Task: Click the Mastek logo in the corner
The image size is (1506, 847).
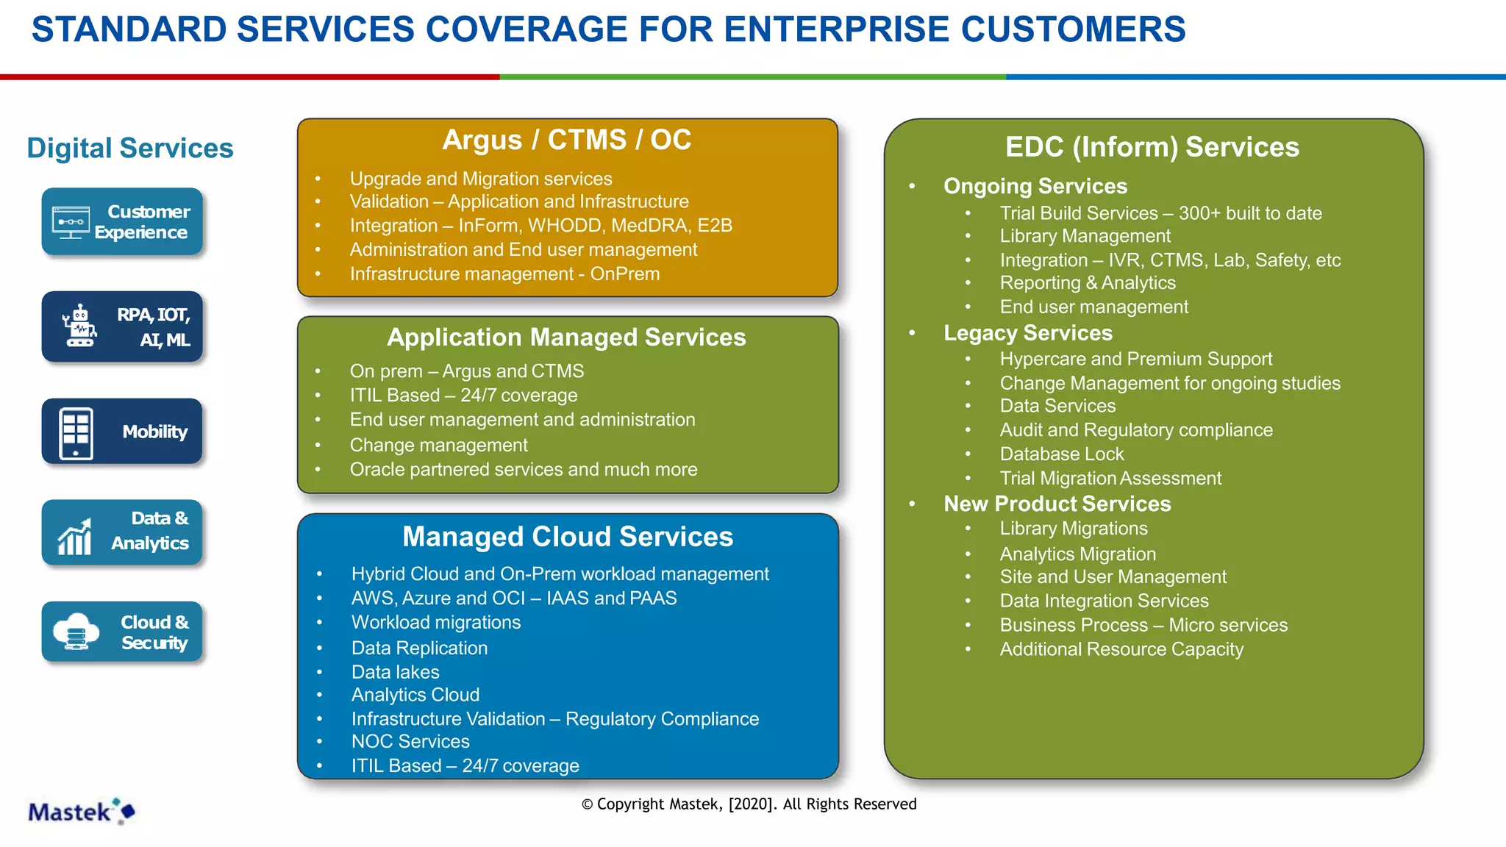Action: (81, 812)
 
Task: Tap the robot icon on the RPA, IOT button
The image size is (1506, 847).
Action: (79, 326)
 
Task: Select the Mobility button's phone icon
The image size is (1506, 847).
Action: (76, 432)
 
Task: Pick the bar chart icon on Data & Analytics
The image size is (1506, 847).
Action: (75, 537)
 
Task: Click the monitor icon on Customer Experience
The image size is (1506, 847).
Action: (71, 222)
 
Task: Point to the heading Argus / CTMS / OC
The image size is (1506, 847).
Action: (566, 140)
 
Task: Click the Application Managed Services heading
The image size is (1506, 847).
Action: (566, 337)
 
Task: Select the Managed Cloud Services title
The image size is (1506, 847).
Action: (568, 537)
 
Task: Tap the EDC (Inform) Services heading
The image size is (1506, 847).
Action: (1152, 147)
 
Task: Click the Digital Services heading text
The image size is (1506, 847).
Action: (130, 149)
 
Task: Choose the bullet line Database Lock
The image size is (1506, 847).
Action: (1061, 454)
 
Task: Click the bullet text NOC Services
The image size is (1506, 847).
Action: (410, 742)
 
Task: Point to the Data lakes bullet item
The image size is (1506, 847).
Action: (395, 672)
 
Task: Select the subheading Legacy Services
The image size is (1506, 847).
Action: (1027, 333)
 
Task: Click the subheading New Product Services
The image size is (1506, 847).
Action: (1057, 504)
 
